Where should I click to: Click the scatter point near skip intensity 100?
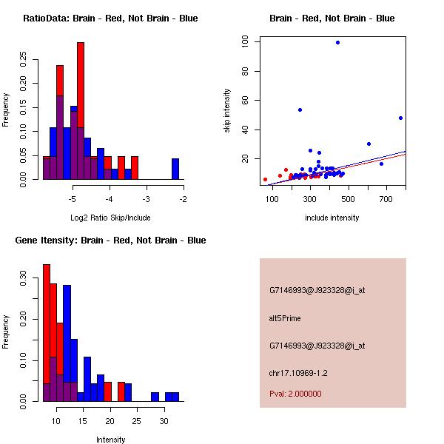pos(337,42)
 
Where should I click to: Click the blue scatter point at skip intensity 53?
pos(300,110)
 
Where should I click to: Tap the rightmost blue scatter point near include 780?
pos(400,118)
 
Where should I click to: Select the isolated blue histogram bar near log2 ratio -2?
pos(175,169)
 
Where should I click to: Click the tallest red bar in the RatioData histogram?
pos(81,111)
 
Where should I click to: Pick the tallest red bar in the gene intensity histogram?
pos(46,333)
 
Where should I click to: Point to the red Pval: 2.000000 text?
pos(295,394)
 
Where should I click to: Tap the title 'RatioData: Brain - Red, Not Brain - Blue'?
pos(110,18)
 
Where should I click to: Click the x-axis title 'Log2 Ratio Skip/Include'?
pos(110,217)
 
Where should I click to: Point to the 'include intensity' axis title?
pos(332,218)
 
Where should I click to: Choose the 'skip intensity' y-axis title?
pos(227,111)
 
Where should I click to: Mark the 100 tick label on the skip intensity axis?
pos(245,42)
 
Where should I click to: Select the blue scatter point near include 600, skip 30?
pos(369,144)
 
